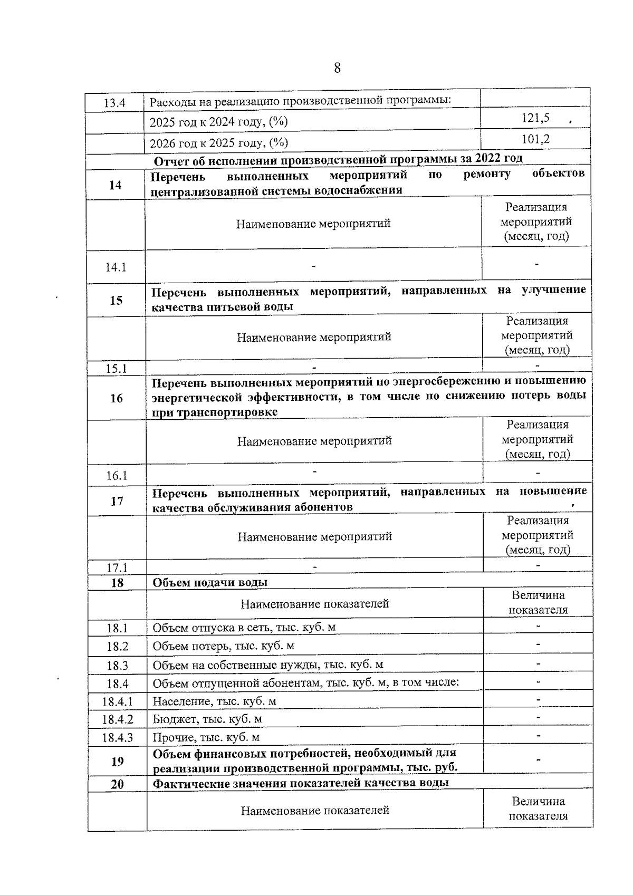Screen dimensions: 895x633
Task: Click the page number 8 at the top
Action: (x=337, y=68)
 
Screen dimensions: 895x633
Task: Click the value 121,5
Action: (x=535, y=118)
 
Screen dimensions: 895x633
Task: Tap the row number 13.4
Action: (x=114, y=103)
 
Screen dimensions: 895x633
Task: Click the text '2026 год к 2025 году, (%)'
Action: (x=219, y=143)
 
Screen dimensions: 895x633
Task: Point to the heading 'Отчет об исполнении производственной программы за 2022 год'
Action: (x=338, y=159)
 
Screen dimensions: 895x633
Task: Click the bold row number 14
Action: (x=115, y=185)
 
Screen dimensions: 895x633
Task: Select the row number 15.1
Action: (x=116, y=369)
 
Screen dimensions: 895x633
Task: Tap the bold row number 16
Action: (x=116, y=398)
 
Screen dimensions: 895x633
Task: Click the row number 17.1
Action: (x=117, y=568)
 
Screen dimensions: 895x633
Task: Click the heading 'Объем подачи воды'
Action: (x=210, y=582)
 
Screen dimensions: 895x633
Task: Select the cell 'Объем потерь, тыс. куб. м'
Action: (x=223, y=646)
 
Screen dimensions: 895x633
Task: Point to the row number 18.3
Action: (x=117, y=666)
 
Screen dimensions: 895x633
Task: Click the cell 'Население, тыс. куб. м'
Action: (x=214, y=701)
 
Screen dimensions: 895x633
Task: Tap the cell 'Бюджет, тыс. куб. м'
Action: (x=207, y=719)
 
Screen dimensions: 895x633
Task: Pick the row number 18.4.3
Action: (x=117, y=737)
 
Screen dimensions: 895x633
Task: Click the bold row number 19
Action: (x=117, y=761)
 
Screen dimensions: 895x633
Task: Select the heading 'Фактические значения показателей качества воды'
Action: (x=301, y=783)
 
